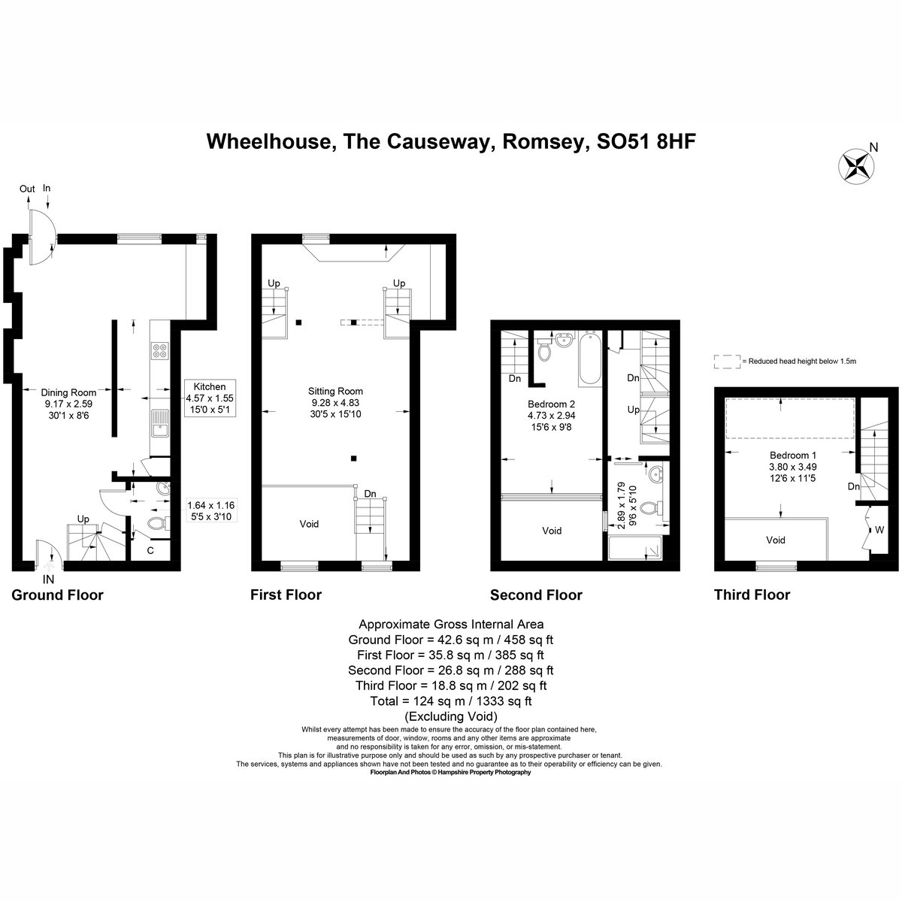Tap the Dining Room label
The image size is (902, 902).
[68, 392]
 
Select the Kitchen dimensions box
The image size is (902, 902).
[209, 398]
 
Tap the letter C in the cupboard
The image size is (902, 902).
[150, 550]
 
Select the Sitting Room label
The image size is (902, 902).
[335, 391]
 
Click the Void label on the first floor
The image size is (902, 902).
[309, 524]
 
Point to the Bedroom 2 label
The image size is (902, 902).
[551, 404]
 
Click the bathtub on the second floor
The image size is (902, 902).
[590, 358]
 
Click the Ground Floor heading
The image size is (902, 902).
[57, 595]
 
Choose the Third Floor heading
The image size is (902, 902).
[752, 595]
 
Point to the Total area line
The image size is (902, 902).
[451, 701]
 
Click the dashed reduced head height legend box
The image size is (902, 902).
[727, 362]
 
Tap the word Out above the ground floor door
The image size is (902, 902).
[27, 189]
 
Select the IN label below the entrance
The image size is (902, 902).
[48, 580]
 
